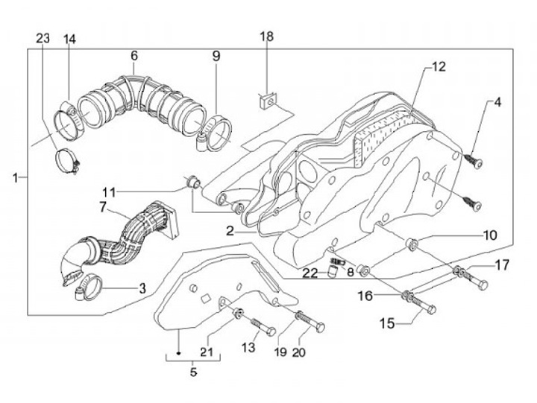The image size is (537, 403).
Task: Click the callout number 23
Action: (x=43, y=39)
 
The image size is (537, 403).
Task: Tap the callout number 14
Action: (x=69, y=39)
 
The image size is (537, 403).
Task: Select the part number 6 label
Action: (x=134, y=56)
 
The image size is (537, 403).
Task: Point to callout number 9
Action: (x=216, y=56)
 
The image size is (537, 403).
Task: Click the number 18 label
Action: (x=267, y=37)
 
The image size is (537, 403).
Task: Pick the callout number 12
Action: (x=438, y=67)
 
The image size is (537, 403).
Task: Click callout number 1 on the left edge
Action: (x=16, y=177)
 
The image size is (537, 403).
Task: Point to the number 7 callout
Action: (x=104, y=206)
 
